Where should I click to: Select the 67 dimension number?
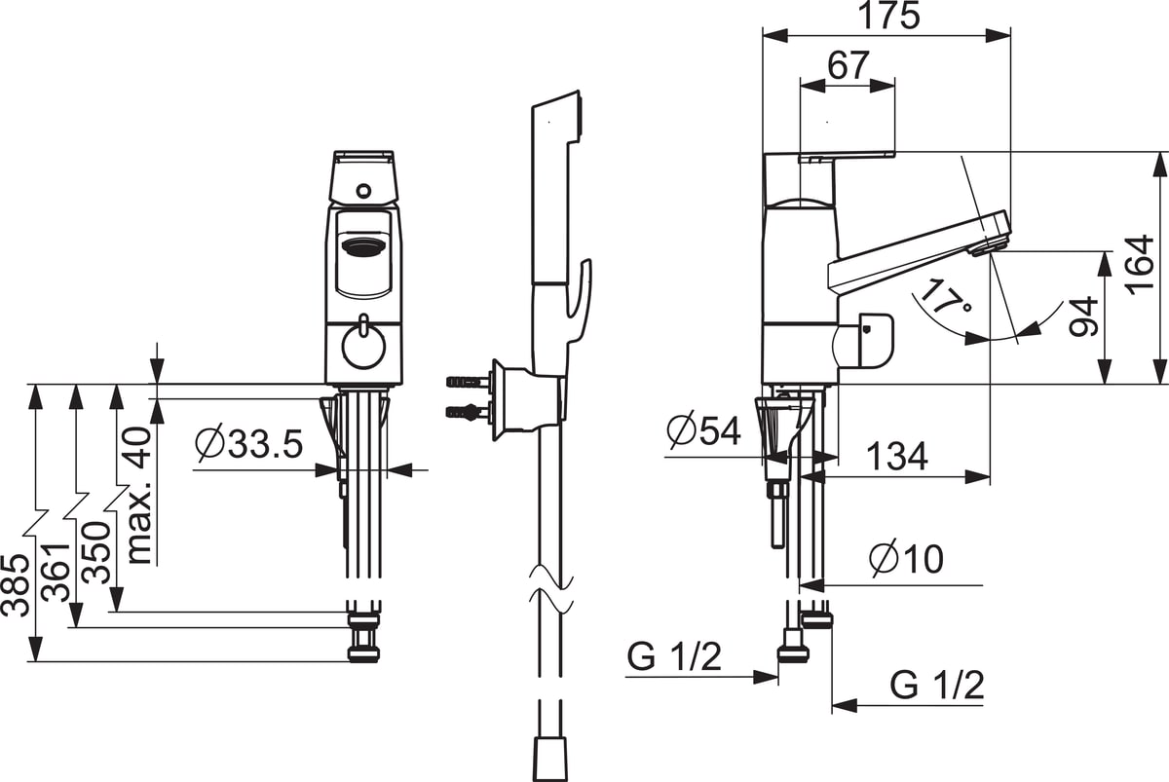[848, 64]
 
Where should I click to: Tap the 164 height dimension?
[1141, 265]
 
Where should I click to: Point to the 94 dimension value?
[1083, 317]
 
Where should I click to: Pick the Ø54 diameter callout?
[704, 429]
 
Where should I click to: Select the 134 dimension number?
[897, 457]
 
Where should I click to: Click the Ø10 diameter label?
[907, 559]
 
